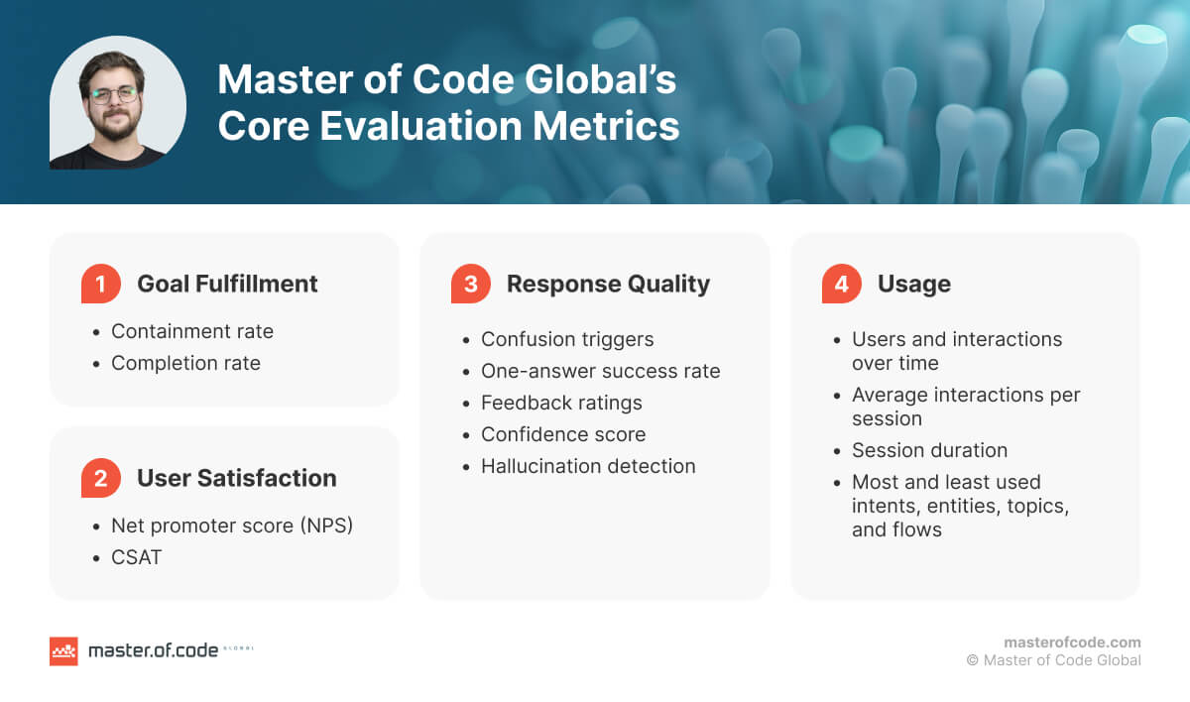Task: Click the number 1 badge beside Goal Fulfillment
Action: click(100, 285)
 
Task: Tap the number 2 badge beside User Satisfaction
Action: click(100, 479)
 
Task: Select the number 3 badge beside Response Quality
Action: click(470, 285)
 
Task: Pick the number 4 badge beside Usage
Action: click(841, 285)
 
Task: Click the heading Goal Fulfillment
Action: click(227, 284)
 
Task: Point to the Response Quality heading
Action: click(608, 284)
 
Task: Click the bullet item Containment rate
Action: click(192, 331)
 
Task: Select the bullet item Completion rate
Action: click(185, 363)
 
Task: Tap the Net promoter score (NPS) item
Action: click(232, 526)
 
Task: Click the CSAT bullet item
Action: click(137, 557)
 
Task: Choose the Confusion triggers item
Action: click(567, 339)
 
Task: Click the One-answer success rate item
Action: click(600, 371)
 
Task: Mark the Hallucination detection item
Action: click(588, 466)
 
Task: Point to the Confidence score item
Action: click(563, 434)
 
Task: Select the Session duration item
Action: click(929, 450)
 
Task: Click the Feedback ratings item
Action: click(561, 403)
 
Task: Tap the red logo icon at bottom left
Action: click(63, 650)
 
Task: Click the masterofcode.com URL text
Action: click(1072, 642)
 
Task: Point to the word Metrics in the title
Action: click(603, 127)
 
